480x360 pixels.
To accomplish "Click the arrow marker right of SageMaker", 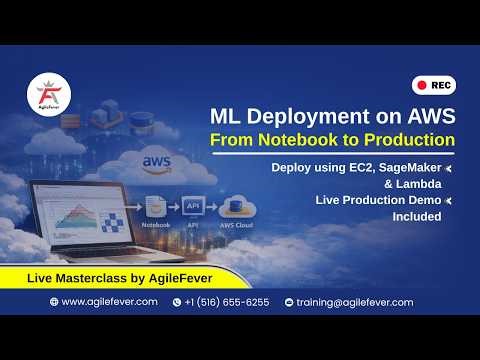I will (448, 168).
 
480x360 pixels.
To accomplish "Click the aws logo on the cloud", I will (157, 161).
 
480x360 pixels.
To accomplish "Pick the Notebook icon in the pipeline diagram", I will (155, 208).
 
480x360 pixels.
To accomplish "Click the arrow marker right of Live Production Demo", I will (448, 202).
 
